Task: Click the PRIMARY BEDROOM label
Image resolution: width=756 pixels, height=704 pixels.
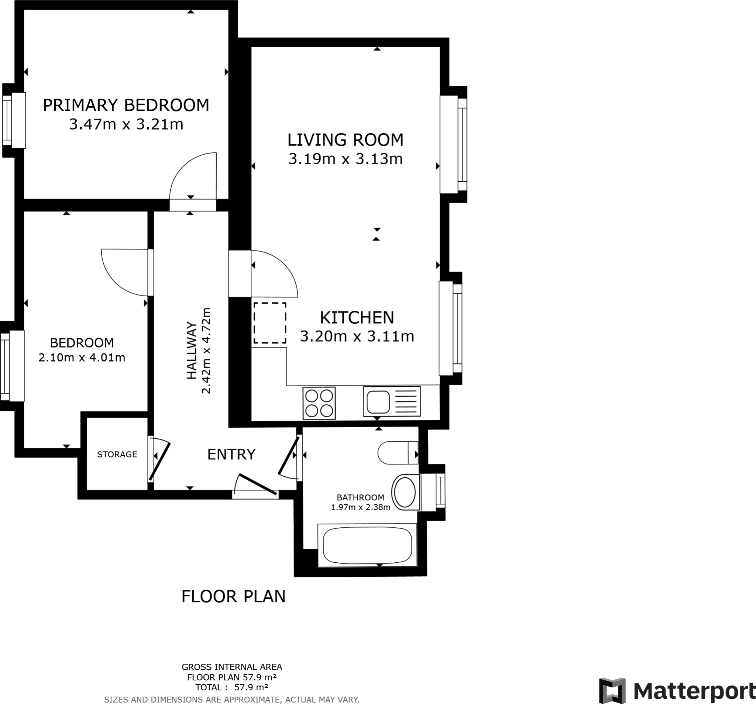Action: pos(126,105)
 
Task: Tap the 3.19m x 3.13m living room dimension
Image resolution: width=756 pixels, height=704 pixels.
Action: pos(345,159)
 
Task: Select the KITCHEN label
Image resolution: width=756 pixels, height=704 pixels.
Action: pos(357,317)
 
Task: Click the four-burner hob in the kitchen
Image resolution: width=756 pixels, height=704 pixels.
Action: pos(319,403)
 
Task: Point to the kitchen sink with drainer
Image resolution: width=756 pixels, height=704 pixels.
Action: pos(391,401)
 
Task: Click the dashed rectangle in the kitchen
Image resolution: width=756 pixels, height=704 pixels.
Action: pos(269,323)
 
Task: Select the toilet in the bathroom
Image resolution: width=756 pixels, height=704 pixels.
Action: pos(398,453)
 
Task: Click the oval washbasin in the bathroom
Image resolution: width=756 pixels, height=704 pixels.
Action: pos(405,492)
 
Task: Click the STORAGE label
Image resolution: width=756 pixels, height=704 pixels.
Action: pos(117,454)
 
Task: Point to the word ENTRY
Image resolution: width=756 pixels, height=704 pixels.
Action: pos(231,454)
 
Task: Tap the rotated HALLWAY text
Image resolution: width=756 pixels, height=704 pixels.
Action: pos(192,351)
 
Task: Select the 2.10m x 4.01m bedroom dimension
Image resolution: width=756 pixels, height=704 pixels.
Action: pos(82,358)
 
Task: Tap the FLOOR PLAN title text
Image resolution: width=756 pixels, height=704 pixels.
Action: pos(233,596)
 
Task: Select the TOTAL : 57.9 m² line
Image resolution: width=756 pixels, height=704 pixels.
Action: pos(231,687)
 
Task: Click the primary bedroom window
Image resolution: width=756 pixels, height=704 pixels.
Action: pos(13,121)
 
